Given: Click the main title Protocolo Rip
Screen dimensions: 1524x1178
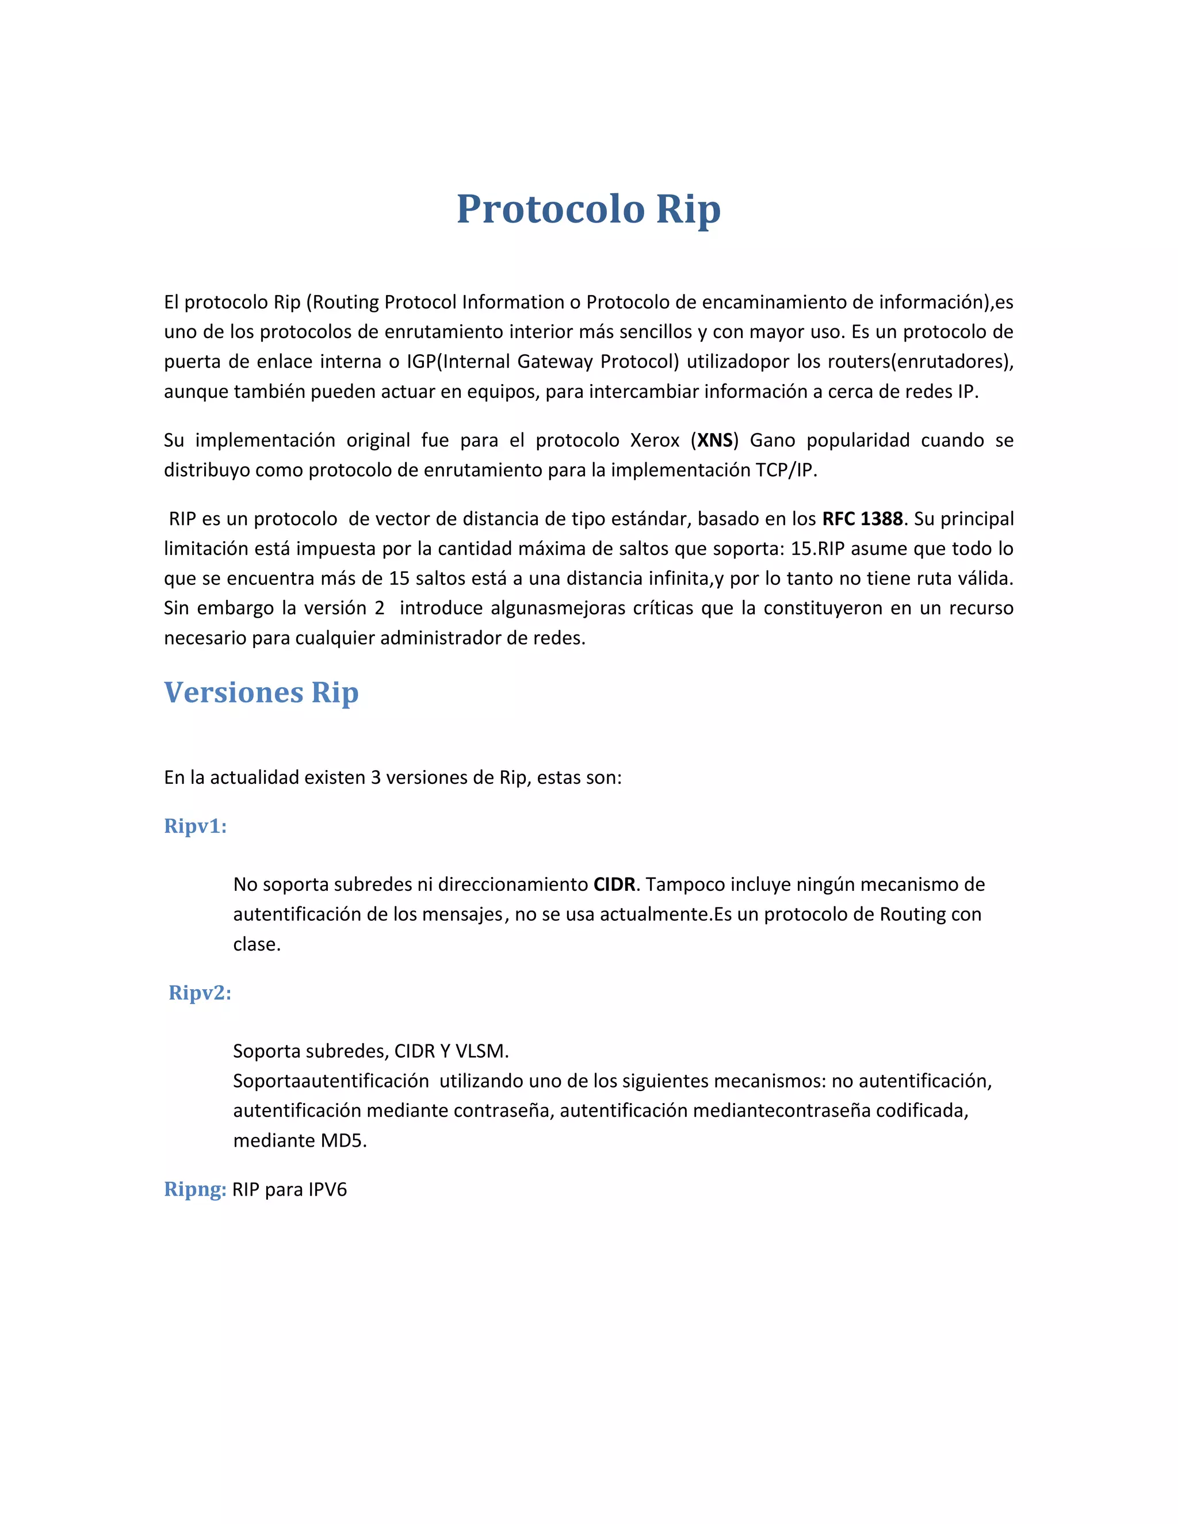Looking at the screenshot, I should (x=588, y=209).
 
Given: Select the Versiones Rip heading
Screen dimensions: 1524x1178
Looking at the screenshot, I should (x=261, y=692).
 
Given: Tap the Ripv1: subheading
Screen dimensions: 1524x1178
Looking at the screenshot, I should (x=196, y=826).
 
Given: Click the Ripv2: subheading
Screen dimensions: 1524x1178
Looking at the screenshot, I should (x=200, y=993).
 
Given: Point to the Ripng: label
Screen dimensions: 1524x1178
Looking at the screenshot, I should (x=195, y=1189).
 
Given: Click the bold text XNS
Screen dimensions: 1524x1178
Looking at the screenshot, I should (x=714, y=441).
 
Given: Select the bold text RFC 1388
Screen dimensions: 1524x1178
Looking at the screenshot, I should (x=863, y=519).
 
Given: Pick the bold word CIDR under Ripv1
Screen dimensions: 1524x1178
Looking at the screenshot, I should (x=614, y=885).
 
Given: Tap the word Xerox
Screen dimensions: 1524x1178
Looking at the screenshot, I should (x=655, y=441).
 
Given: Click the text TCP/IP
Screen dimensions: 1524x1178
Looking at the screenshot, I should (x=785, y=470).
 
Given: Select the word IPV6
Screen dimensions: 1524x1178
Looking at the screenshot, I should (x=327, y=1190).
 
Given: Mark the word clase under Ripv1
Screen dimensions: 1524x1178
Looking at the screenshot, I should (x=256, y=945).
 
